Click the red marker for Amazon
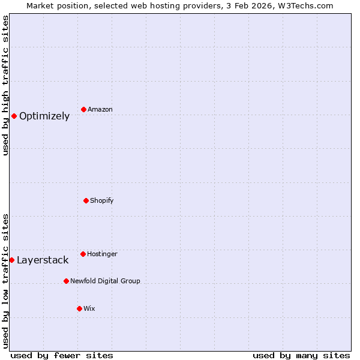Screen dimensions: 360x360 click(x=83, y=109)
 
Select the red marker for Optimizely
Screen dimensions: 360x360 click(x=14, y=116)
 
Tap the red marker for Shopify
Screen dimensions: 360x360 click(x=86, y=200)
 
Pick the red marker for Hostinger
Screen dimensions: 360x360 click(x=83, y=254)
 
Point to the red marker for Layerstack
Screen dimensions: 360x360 click(x=11, y=260)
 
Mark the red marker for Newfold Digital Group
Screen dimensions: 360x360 click(x=66, y=281)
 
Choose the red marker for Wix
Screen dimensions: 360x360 click(x=79, y=308)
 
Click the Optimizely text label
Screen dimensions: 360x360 click(x=44, y=116)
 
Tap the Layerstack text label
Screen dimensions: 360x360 click(x=43, y=260)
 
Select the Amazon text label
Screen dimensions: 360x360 click(x=100, y=110)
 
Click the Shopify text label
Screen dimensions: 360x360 click(x=102, y=200)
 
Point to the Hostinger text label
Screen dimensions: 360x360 click(x=102, y=254)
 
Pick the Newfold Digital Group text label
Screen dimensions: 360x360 click(x=105, y=281)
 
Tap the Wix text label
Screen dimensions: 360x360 click(x=89, y=309)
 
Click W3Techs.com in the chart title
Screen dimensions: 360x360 click(x=304, y=5)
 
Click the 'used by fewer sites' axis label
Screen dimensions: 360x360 click(x=62, y=355)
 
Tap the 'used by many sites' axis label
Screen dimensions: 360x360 click(x=301, y=355)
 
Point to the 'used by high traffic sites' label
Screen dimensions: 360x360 click(x=5, y=85)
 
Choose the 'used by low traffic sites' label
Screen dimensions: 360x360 click(x=5, y=280)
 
